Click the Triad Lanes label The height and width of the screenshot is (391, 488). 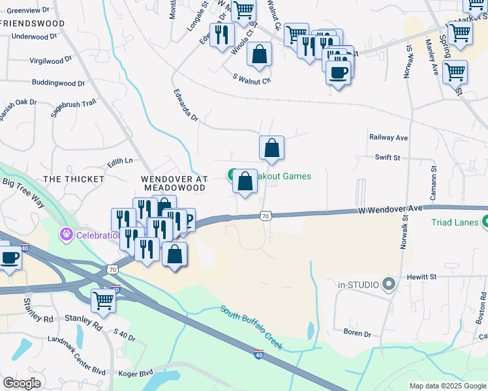point(455,222)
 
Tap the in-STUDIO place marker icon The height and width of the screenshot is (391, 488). point(389,284)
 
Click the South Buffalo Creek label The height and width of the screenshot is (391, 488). point(251,327)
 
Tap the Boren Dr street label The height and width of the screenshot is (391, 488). point(357,333)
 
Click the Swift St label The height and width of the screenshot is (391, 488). point(388,157)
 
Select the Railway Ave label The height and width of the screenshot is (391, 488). point(388,138)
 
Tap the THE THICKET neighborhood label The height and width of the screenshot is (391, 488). point(73,179)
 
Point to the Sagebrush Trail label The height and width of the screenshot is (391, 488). point(74,108)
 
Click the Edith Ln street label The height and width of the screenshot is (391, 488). point(120,160)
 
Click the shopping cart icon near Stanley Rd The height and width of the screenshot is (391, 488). point(103,301)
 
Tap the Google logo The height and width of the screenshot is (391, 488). point(22,383)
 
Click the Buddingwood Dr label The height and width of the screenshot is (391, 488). point(59,83)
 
